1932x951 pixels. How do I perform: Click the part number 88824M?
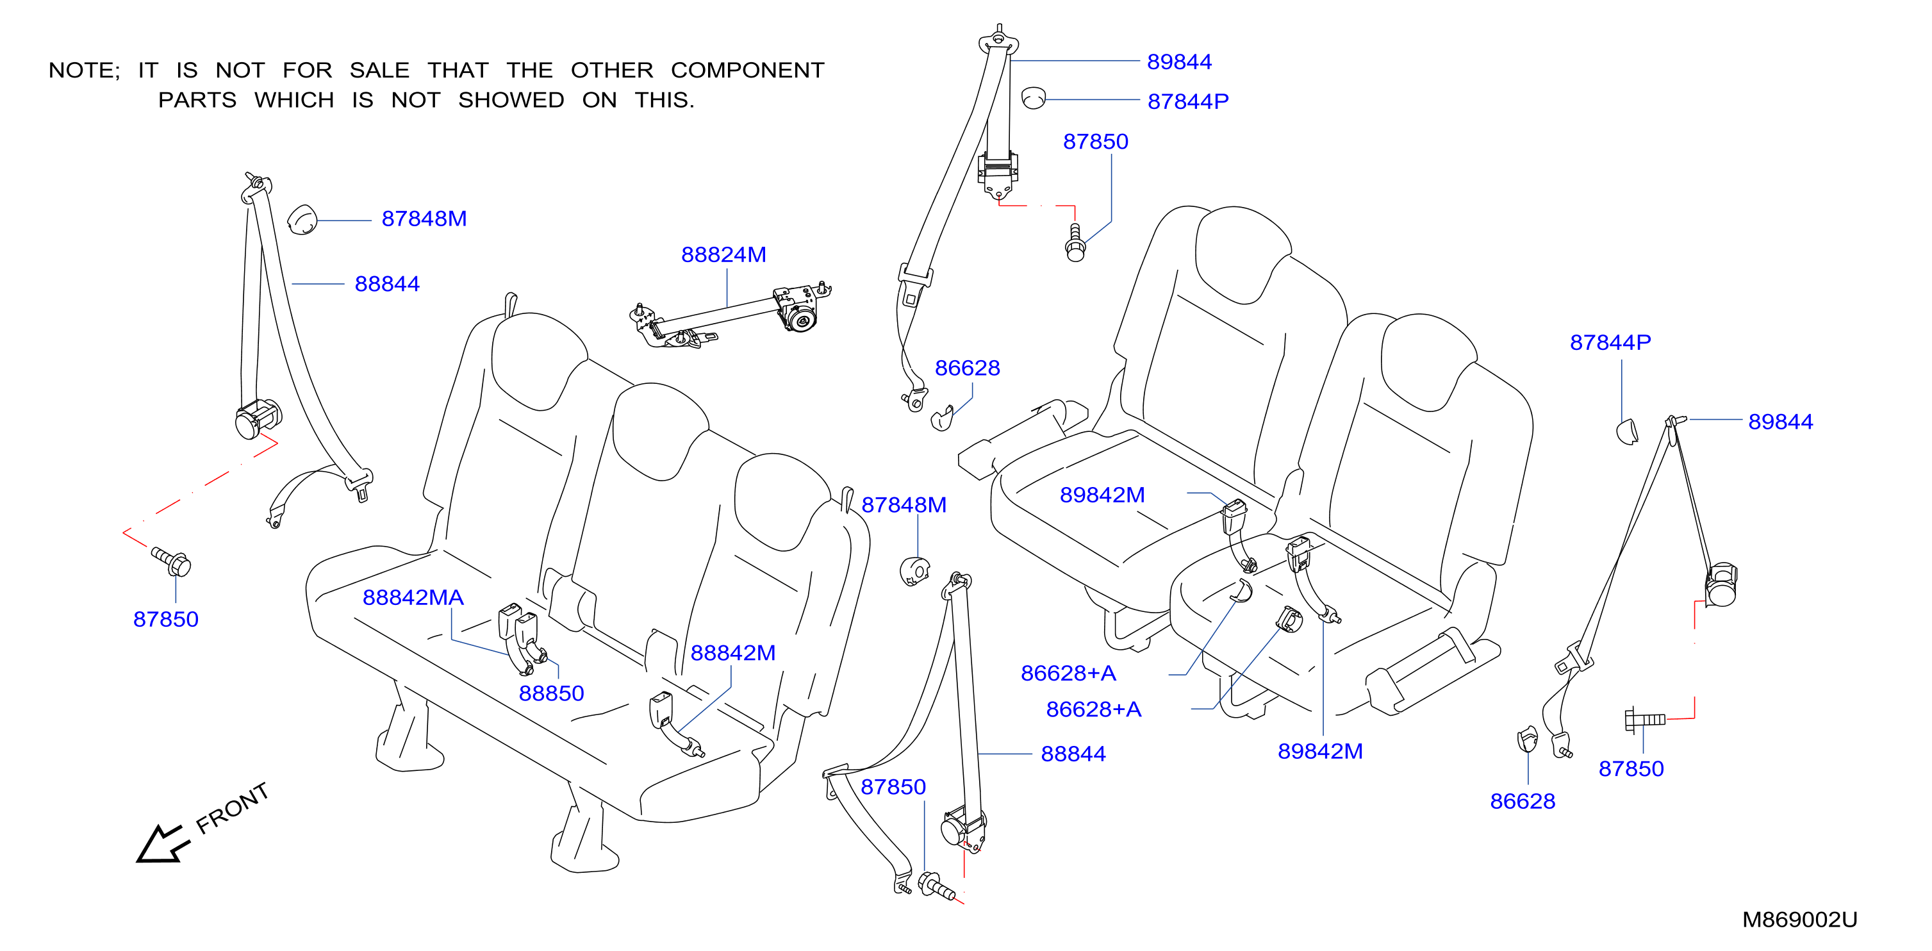tap(723, 255)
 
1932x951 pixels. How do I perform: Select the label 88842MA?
tap(413, 598)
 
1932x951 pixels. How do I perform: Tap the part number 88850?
tap(551, 693)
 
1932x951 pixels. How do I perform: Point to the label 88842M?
tap(732, 652)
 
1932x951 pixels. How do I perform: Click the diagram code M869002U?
tap(1799, 920)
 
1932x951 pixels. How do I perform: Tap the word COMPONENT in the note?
tap(748, 70)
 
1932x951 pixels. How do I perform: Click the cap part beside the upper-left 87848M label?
tap(302, 220)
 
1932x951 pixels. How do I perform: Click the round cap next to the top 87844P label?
tap(1034, 98)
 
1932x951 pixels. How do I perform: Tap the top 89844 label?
tap(1179, 62)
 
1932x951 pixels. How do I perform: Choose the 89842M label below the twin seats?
tap(1320, 752)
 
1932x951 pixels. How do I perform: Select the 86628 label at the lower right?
tap(1523, 802)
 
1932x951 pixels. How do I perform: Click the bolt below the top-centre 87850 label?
tap(1075, 243)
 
